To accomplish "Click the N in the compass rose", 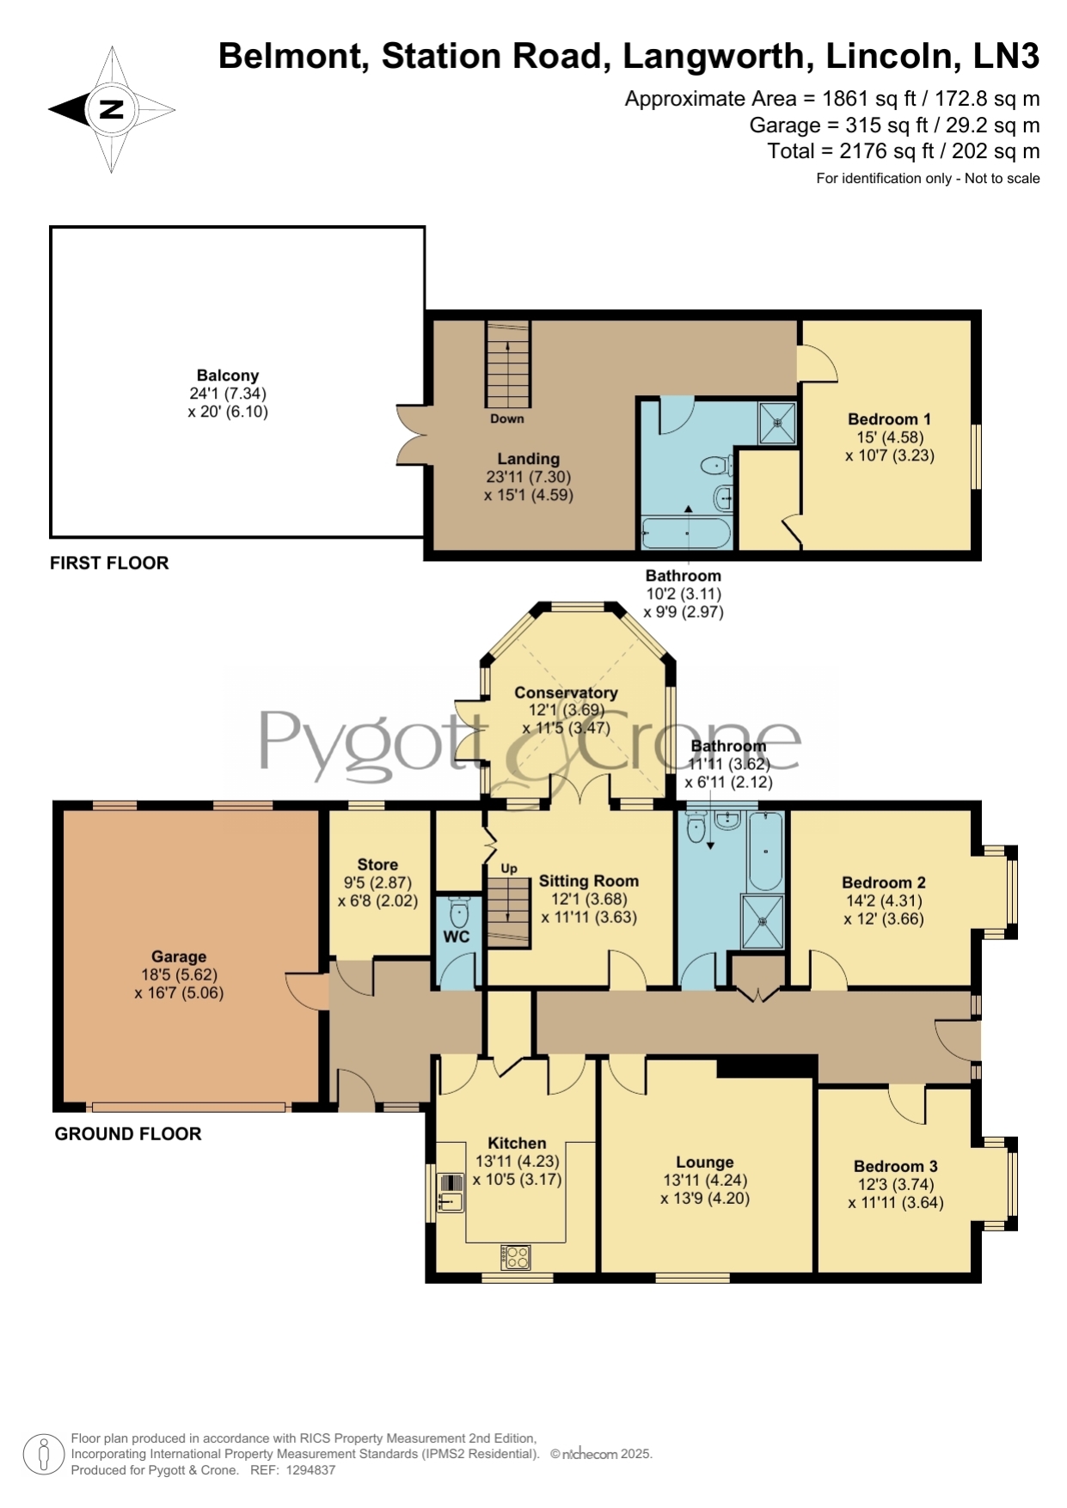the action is tap(112, 109).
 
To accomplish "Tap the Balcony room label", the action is tap(228, 375).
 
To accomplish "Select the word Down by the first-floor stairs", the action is tap(507, 418).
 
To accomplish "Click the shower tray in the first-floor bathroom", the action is tap(777, 423).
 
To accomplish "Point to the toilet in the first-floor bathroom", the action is tap(716, 466).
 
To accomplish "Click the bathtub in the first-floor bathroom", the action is tap(686, 533).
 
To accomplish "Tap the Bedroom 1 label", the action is tap(889, 419).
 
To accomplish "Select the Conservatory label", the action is tap(566, 693).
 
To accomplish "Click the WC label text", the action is tap(456, 937).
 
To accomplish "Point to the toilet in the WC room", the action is tap(459, 910).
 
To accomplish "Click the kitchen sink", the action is tap(451, 1193).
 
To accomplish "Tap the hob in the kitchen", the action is tap(517, 1257).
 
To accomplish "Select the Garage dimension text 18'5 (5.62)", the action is tap(179, 975).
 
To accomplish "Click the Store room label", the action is tap(377, 864).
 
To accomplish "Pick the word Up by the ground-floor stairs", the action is tap(509, 869).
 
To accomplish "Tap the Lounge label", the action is tap(705, 1163).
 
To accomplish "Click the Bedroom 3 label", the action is tap(896, 1166).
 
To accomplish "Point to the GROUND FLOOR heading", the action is tap(128, 1134).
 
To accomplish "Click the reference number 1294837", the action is tap(310, 1470).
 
